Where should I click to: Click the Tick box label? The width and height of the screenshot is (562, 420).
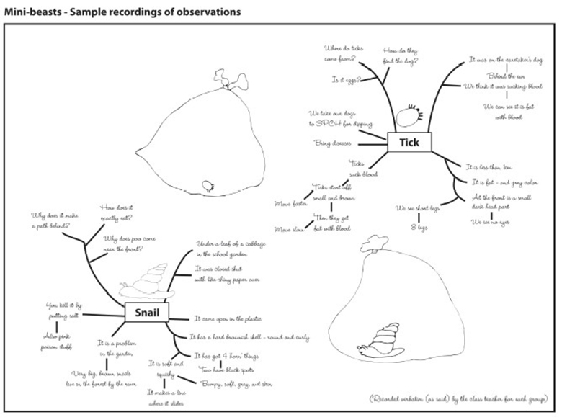point(409,143)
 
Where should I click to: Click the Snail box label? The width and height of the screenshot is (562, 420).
point(146,313)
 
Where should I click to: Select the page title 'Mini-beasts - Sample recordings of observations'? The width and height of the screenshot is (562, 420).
point(122,12)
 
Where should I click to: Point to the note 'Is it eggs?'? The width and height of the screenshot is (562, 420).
point(347,78)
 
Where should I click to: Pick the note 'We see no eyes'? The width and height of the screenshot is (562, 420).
point(492,222)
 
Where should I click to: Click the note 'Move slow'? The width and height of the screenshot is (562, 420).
point(289,228)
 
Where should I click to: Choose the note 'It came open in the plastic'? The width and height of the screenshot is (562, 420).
point(228,318)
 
